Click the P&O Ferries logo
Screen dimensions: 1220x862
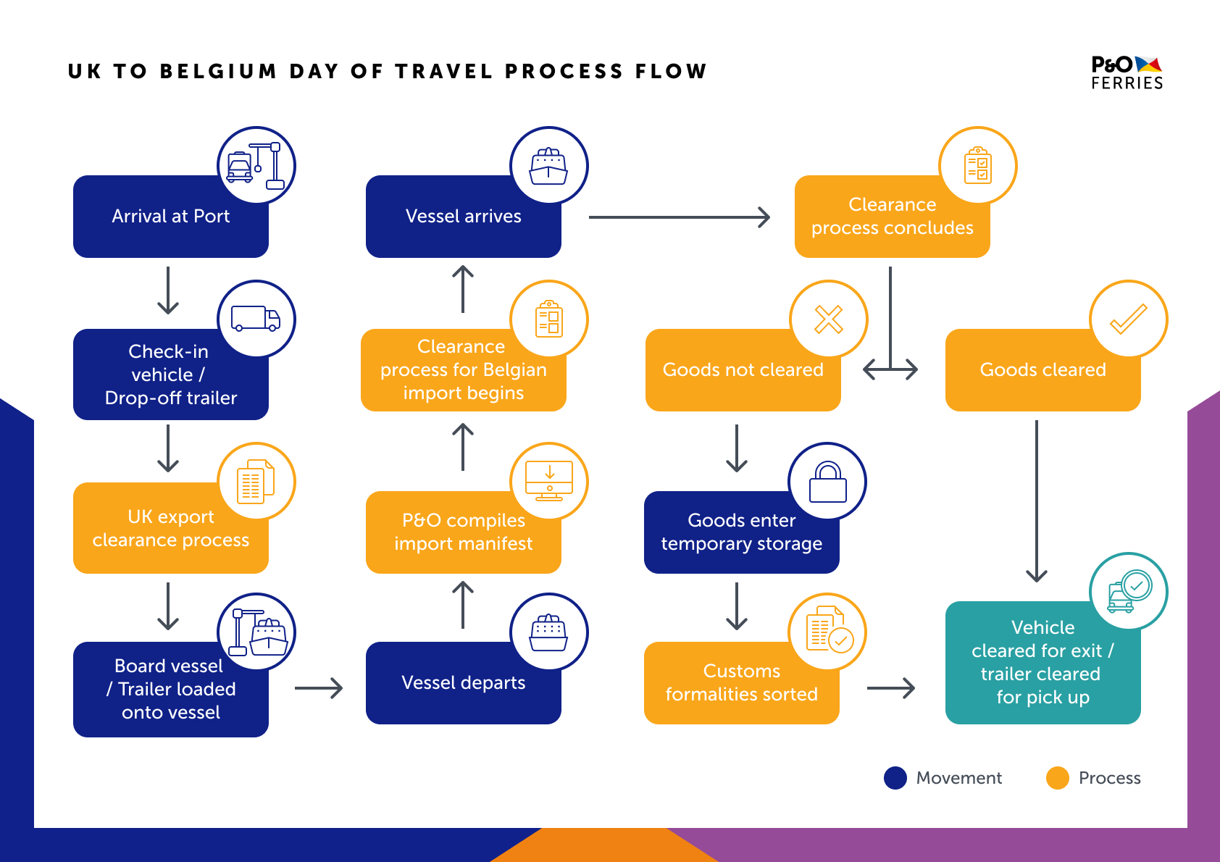point(1127,72)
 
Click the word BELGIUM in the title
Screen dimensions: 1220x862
point(218,71)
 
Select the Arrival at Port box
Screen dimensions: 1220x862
point(170,216)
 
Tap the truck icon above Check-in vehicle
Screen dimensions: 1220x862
point(256,318)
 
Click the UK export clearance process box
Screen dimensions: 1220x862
point(170,527)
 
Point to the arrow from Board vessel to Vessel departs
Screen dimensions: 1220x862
point(319,688)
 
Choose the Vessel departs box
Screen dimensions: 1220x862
point(464,683)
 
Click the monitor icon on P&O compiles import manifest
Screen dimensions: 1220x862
point(549,480)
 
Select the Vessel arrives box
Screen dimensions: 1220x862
point(464,216)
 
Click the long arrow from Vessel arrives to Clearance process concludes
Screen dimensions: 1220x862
point(680,217)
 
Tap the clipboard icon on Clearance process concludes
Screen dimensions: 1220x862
point(977,165)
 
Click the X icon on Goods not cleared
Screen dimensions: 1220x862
point(828,319)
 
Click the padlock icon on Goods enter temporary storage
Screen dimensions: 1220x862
point(828,482)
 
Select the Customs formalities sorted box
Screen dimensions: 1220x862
point(741,683)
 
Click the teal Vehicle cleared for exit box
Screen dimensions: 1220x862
point(1043,662)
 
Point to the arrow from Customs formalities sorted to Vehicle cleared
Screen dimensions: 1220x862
point(891,688)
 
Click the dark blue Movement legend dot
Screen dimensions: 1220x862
point(895,777)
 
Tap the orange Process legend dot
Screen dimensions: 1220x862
point(1058,777)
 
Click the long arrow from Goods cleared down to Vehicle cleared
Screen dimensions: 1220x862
point(1037,501)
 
